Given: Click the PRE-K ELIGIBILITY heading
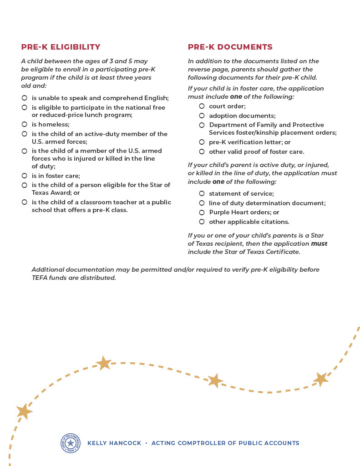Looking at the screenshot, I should (x=61, y=47).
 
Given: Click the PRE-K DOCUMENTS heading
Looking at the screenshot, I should (x=230, y=47).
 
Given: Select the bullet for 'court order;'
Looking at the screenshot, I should (x=202, y=106).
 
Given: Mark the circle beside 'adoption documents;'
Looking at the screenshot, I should (x=202, y=116).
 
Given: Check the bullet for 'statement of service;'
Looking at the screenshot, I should (x=202, y=193).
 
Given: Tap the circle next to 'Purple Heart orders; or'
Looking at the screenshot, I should (x=202, y=212).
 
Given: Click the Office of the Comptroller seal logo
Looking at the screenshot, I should (x=70, y=443).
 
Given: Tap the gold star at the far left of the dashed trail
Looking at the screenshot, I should (x=24, y=411).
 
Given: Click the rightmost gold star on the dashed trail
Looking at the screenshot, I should (x=321, y=379).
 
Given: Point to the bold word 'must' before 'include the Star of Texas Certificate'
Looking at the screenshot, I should (x=319, y=243).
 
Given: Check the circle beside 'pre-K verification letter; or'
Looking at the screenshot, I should (x=202, y=142).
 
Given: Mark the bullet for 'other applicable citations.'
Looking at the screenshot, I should (x=202, y=222).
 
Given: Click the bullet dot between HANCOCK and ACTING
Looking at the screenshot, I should (x=146, y=443).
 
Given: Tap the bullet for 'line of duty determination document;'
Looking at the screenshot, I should (x=202, y=203).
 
